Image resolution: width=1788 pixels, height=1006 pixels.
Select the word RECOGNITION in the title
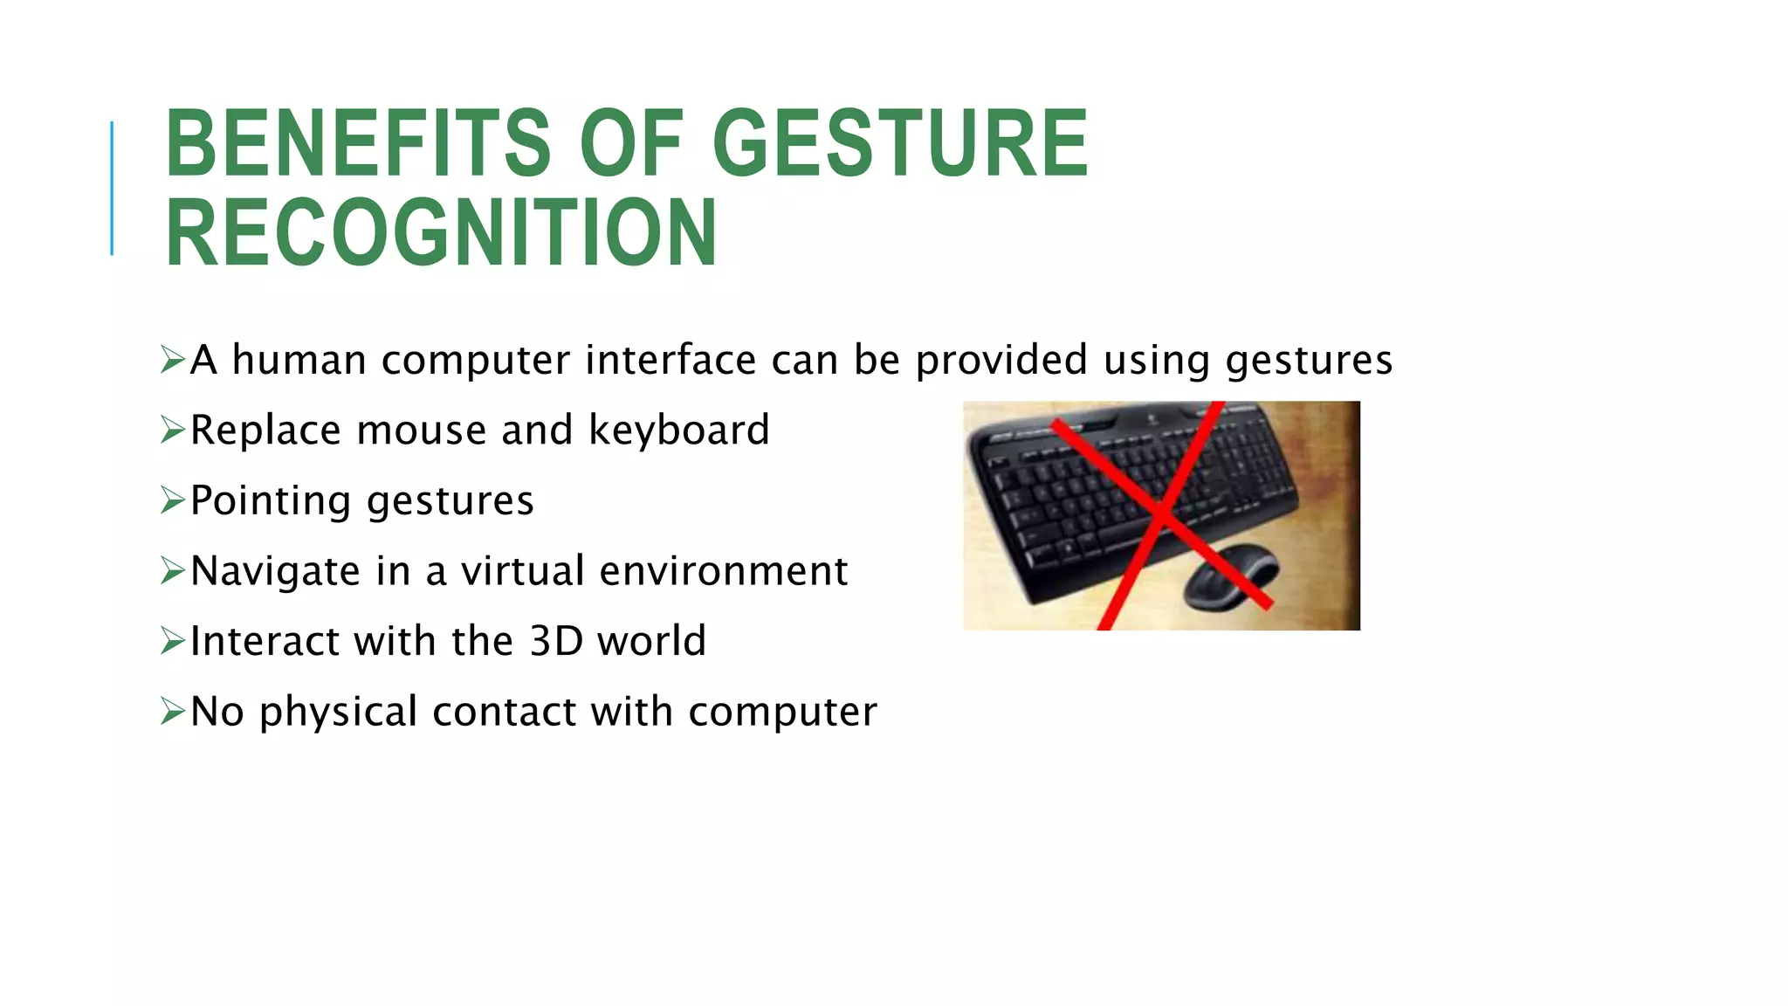click(x=441, y=232)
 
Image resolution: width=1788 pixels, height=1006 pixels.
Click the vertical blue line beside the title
click(x=112, y=189)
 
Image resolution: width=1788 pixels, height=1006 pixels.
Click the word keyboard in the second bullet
click(x=679, y=430)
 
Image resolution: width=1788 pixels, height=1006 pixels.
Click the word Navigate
click(x=275, y=572)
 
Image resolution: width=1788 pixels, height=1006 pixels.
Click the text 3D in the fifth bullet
click(x=556, y=641)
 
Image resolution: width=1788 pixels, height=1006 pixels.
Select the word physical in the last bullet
click(x=339, y=713)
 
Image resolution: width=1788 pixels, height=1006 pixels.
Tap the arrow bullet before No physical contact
click(x=172, y=712)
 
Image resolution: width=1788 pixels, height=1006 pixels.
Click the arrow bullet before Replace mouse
click(x=172, y=430)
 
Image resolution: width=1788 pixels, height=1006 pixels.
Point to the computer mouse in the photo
click(x=1229, y=576)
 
